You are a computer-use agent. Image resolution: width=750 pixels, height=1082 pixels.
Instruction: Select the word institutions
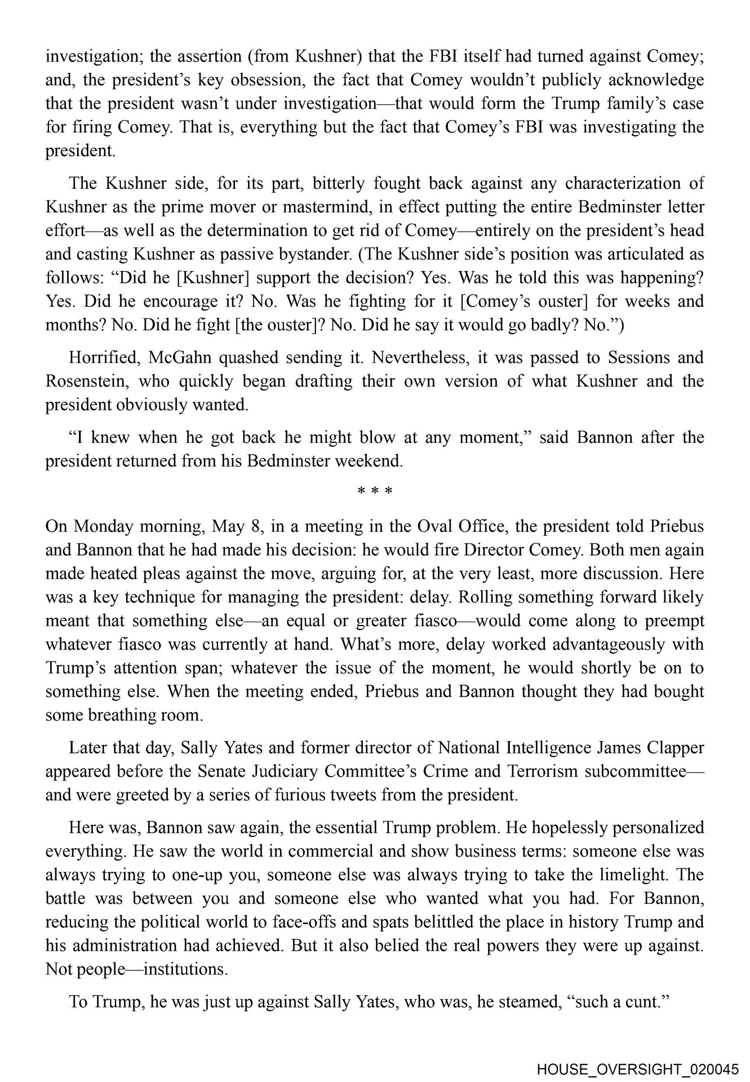pos(185,969)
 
